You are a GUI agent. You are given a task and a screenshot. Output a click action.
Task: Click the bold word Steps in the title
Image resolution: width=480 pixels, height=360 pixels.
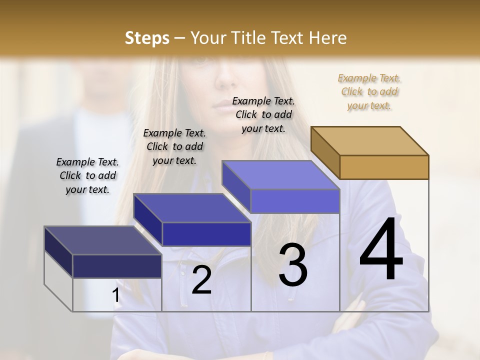tap(147, 38)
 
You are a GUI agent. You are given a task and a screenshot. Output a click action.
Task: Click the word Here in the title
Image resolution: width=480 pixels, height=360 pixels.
tap(328, 38)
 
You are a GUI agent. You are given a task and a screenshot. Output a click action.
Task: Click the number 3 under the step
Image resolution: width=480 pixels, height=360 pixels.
tap(293, 264)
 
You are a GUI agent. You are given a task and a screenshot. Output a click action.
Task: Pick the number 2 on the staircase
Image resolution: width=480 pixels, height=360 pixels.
tap(201, 280)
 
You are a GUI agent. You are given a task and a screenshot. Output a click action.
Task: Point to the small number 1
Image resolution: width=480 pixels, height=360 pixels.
tap(116, 295)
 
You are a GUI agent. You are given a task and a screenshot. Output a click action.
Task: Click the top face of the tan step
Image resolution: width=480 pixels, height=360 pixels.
tap(370, 140)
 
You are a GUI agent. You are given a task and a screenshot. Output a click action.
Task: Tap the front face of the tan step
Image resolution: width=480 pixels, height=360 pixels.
tap(384, 167)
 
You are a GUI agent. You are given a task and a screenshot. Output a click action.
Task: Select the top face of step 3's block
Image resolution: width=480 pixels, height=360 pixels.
tap(280, 175)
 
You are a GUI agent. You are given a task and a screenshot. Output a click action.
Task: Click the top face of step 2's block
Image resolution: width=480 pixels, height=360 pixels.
tap(191, 207)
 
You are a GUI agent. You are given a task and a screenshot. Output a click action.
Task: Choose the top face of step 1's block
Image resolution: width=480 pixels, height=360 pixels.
tap(102, 240)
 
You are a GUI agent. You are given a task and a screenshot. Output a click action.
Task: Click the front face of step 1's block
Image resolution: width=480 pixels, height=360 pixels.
tap(117, 266)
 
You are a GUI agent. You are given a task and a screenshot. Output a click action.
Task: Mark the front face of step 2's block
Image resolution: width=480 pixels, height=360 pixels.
tap(206, 234)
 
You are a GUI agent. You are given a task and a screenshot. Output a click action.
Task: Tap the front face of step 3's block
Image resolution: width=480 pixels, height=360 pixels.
tap(295, 201)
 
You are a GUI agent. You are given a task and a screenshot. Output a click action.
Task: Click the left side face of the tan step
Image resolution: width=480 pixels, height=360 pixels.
tap(325, 152)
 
